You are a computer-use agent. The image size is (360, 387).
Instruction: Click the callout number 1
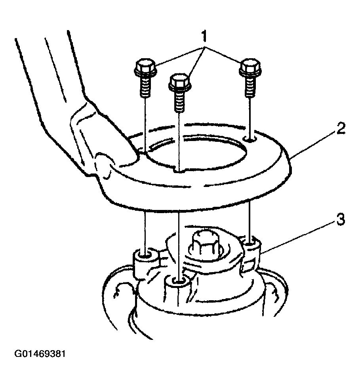[204, 36]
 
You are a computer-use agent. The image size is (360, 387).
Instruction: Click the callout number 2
[341, 128]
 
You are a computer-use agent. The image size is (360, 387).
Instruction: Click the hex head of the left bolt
[145, 67]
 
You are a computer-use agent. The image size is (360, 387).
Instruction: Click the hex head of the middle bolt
[179, 82]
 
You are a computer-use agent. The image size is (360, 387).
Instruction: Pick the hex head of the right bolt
[250, 67]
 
